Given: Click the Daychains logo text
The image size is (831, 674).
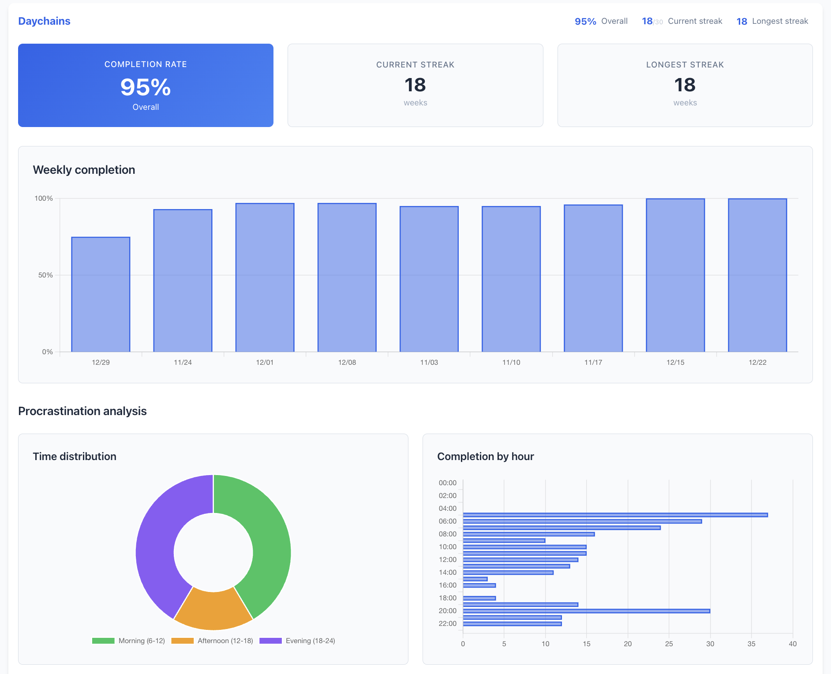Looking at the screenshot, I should pyautogui.click(x=44, y=21).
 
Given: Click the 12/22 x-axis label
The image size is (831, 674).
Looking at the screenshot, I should pyautogui.click(x=757, y=362).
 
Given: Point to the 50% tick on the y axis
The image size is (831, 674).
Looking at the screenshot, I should pyautogui.click(x=45, y=275).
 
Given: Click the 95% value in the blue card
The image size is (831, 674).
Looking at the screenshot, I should pyautogui.click(x=146, y=87).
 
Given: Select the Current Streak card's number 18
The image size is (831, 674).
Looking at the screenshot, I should pyautogui.click(x=415, y=85).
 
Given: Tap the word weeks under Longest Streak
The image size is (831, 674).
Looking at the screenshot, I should pyautogui.click(x=685, y=103).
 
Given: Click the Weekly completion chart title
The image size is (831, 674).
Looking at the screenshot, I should pyautogui.click(x=84, y=170).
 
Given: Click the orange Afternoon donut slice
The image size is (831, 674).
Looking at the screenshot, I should pyautogui.click(x=213, y=611).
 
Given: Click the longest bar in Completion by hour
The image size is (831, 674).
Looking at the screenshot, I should pyautogui.click(x=615, y=515).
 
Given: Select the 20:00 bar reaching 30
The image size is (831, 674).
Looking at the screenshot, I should pyautogui.click(x=586, y=611).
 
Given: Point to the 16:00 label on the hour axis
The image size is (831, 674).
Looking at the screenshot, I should pyautogui.click(x=447, y=585).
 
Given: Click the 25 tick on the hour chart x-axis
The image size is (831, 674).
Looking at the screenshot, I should pyautogui.click(x=669, y=644).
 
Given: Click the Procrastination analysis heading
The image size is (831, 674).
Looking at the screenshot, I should pyautogui.click(x=82, y=411).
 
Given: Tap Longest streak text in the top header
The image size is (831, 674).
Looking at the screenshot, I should pyautogui.click(x=780, y=21).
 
